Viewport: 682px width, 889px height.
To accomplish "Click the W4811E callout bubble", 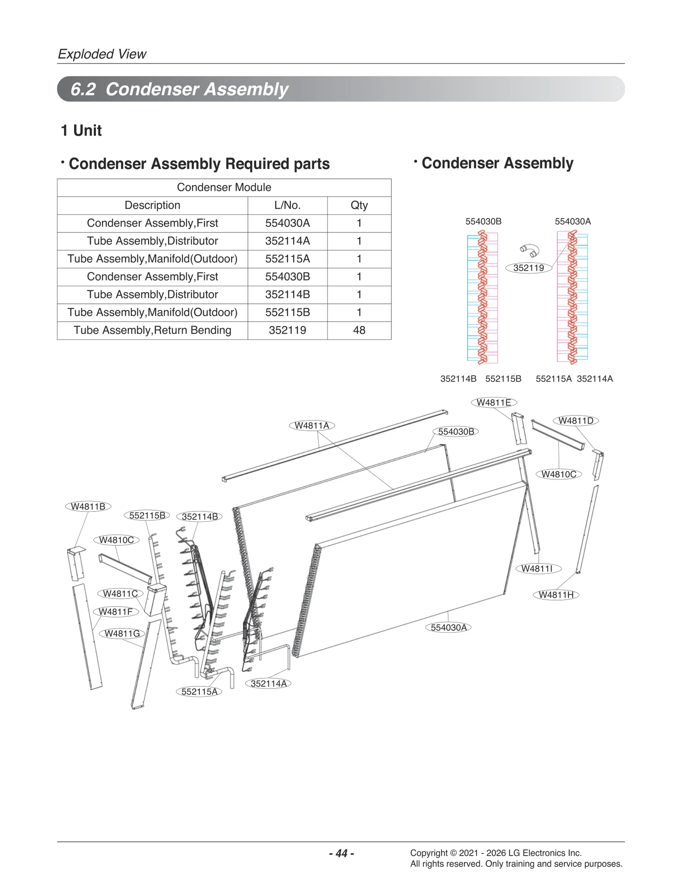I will pyautogui.click(x=494, y=402).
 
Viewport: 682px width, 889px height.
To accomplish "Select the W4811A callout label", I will pyautogui.click(x=312, y=425).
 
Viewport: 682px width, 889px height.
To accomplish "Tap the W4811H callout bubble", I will pyautogui.click(x=556, y=595).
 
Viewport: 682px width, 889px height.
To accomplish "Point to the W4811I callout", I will pyautogui.click(x=538, y=568).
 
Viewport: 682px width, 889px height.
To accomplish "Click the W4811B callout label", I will pyautogui.click(x=88, y=506).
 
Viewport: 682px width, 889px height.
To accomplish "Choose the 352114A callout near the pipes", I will pyautogui.click(x=268, y=683).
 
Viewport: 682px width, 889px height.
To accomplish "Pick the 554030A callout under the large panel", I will pyautogui.click(x=448, y=628).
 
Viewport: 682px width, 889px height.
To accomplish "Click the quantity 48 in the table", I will pyautogui.click(x=359, y=330).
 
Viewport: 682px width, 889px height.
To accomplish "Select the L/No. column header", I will pyautogui.click(x=287, y=205).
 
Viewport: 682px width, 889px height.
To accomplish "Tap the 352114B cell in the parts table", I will pyautogui.click(x=287, y=294).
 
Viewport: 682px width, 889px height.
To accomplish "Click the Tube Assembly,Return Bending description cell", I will pyautogui.click(x=152, y=330).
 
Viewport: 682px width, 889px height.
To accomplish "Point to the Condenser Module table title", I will pyautogui.click(x=224, y=187).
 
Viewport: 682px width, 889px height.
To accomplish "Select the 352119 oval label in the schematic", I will pyautogui.click(x=529, y=268).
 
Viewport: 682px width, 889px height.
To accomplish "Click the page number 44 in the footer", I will pyautogui.click(x=341, y=853).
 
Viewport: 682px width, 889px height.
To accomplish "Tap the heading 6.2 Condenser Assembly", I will pyautogui.click(x=179, y=89).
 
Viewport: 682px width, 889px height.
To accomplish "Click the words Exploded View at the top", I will pyautogui.click(x=102, y=54).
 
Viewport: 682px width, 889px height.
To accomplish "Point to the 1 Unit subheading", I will pyautogui.click(x=81, y=131).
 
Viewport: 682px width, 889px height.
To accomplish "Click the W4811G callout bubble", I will pyautogui.click(x=122, y=633).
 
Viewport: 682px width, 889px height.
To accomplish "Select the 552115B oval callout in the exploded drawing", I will pyautogui.click(x=147, y=515).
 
